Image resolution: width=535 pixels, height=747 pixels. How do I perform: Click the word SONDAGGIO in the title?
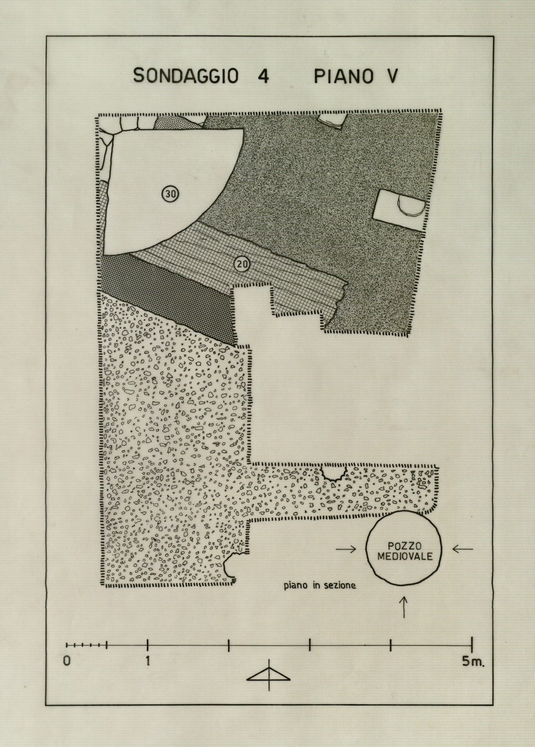(x=185, y=76)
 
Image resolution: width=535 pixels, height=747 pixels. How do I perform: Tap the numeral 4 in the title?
(x=262, y=76)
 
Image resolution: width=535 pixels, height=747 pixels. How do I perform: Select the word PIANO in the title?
(x=343, y=76)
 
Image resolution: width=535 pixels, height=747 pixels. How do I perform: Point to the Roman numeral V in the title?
(x=392, y=76)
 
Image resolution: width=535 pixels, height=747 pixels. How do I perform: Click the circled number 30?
(x=170, y=194)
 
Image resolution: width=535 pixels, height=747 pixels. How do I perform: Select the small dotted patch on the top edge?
(x=175, y=123)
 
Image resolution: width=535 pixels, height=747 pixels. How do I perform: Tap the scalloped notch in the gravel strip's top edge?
(x=334, y=473)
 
